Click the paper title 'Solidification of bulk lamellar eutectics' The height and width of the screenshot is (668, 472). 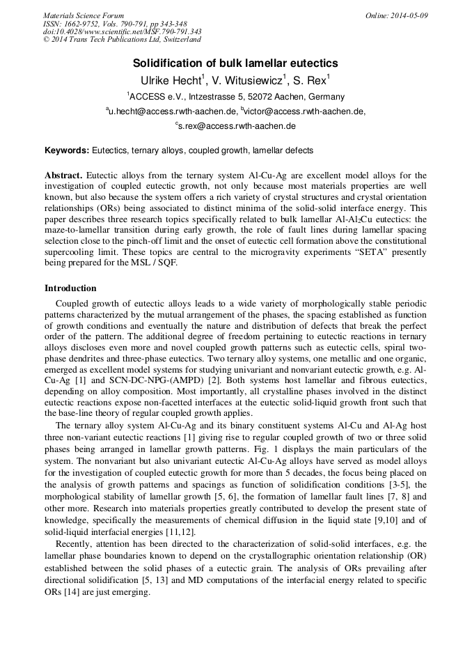click(x=235, y=63)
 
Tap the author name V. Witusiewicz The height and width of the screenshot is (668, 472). click(x=249, y=80)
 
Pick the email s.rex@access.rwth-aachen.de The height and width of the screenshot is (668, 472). click(x=237, y=126)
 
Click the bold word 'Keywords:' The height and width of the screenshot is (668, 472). click(x=67, y=150)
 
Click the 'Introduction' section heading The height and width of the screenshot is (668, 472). click(x=70, y=288)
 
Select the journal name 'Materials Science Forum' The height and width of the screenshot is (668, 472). click(x=84, y=15)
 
